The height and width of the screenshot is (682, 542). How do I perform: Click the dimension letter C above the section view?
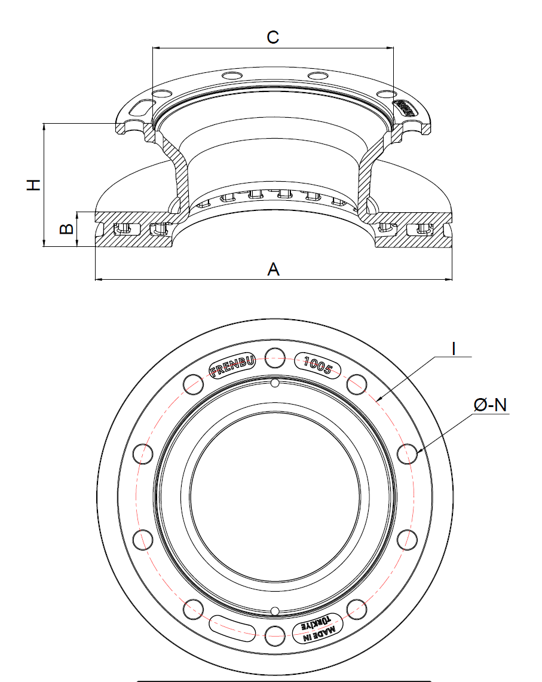point(272,37)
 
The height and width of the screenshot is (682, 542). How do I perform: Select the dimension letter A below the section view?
point(273,270)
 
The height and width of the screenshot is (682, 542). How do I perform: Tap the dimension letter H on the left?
point(35,184)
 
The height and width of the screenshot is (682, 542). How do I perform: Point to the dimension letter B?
point(67,229)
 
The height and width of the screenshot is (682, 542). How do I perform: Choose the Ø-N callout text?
point(489,405)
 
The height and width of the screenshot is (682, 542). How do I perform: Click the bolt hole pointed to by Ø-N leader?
point(408,454)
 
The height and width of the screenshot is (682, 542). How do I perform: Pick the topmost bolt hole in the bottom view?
point(275,357)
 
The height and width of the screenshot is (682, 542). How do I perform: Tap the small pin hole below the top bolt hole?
point(274,383)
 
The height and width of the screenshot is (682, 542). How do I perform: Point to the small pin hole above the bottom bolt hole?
point(274,610)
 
